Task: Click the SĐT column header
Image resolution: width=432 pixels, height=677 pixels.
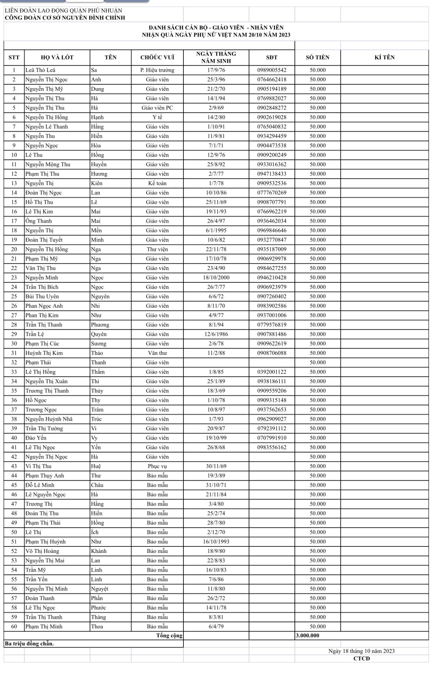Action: [x=272, y=57]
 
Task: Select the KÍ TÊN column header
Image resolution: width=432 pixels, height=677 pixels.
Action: [x=384, y=57]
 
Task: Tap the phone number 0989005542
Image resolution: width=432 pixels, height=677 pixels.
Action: [x=272, y=70]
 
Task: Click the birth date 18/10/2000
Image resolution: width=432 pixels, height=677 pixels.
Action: [x=216, y=278]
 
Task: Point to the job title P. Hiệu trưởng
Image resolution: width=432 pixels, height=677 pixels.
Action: [x=157, y=70]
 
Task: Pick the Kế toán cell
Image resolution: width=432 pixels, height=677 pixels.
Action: [x=157, y=183]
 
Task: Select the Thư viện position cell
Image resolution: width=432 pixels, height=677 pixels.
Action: [x=157, y=249]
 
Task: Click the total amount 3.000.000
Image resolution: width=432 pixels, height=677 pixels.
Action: [x=307, y=636]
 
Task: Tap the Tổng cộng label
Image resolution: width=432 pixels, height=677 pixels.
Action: [x=169, y=636]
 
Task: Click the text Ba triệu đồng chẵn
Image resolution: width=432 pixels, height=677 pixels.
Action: [x=29, y=643]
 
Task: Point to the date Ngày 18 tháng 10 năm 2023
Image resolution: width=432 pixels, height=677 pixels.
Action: [x=361, y=651]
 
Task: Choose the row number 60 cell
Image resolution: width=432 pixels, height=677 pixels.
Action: [x=14, y=626]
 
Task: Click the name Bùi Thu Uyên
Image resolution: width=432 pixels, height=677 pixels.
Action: [x=42, y=297]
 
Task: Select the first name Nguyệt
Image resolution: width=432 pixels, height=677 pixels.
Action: [x=99, y=589]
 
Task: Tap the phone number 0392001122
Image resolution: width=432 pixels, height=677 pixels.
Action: [x=272, y=372]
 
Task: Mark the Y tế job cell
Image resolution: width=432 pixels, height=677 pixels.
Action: [x=157, y=117]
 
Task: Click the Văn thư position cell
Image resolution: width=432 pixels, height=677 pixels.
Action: [x=157, y=353]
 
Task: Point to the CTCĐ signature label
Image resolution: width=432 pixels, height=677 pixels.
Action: [x=361, y=658]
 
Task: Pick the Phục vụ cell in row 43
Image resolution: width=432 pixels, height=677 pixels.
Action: [x=157, y=466]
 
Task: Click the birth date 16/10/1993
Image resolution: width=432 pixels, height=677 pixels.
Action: [x=216, y=542]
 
